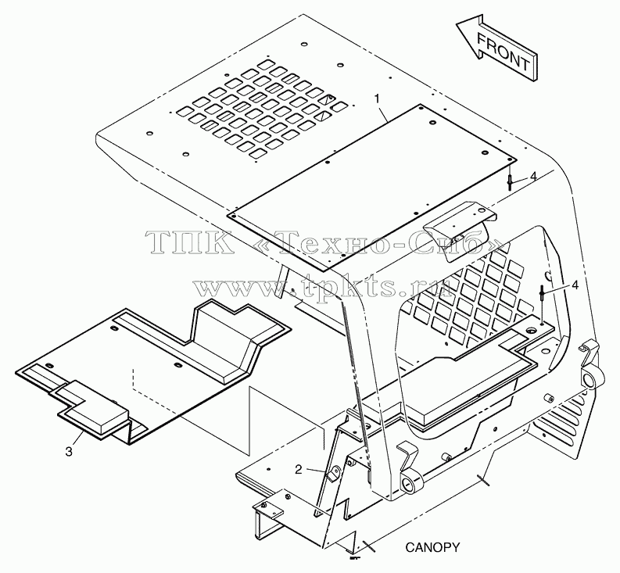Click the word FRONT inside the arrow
(x=504, y=52)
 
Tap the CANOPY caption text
(x=432, y=547)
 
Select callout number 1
(x=378, y=98)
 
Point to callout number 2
(x=298, y=469)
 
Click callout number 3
(x=69, y=452)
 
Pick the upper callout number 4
(x=533, y=177)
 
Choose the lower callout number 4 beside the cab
(x=575, y=285)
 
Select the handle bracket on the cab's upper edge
(x=459, y=227)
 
